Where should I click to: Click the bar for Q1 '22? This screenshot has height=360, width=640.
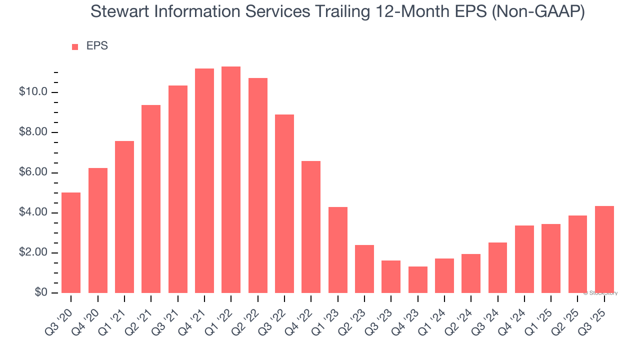click(231, 180)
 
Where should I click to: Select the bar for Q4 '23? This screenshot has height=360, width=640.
click(417, 280)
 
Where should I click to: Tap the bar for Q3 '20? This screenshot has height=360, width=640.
click(71, 243)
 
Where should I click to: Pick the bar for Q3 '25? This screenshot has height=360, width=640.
click(604, 249)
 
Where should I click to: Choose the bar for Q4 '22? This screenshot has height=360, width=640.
click(311, 227)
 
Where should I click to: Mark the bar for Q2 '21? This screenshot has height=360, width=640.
click(151, 199)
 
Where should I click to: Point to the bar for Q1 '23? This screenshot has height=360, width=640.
click(337, 250)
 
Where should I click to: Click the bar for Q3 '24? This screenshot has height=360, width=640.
click(497, 268)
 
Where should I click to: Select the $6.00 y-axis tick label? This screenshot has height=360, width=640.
click(34, 173)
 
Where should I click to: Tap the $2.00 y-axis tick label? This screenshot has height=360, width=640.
click(34, 253)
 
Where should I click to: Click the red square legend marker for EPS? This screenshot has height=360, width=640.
click(75, 47)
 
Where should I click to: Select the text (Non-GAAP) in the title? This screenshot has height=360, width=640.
click(538, 12)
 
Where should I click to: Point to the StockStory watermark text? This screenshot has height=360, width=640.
click(600, 293)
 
